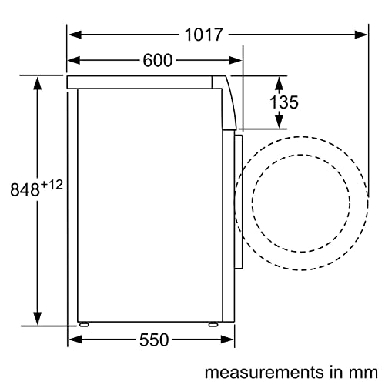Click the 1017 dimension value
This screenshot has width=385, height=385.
pos(203,35)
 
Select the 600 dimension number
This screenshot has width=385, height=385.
pos(158,61)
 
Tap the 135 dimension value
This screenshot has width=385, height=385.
pos(284,102)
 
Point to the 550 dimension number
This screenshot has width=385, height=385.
pos(154,340)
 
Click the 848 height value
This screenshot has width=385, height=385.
pos(25,189)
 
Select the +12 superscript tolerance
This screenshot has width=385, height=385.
pos(52,185)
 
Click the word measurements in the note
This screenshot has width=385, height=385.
pos(264,372)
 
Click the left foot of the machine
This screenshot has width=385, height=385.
pos(84,325)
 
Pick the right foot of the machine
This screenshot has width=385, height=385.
pos(213,325)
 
